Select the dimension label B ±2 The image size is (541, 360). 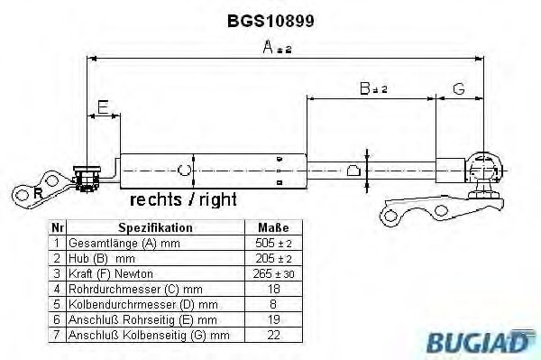coord(372,88)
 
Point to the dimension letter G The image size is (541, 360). coord(458,88)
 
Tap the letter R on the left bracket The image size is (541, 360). coord(37,192)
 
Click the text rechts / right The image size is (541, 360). coord(185,198)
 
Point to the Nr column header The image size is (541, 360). coord(57,227)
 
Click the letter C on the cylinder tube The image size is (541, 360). coord(185,169)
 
